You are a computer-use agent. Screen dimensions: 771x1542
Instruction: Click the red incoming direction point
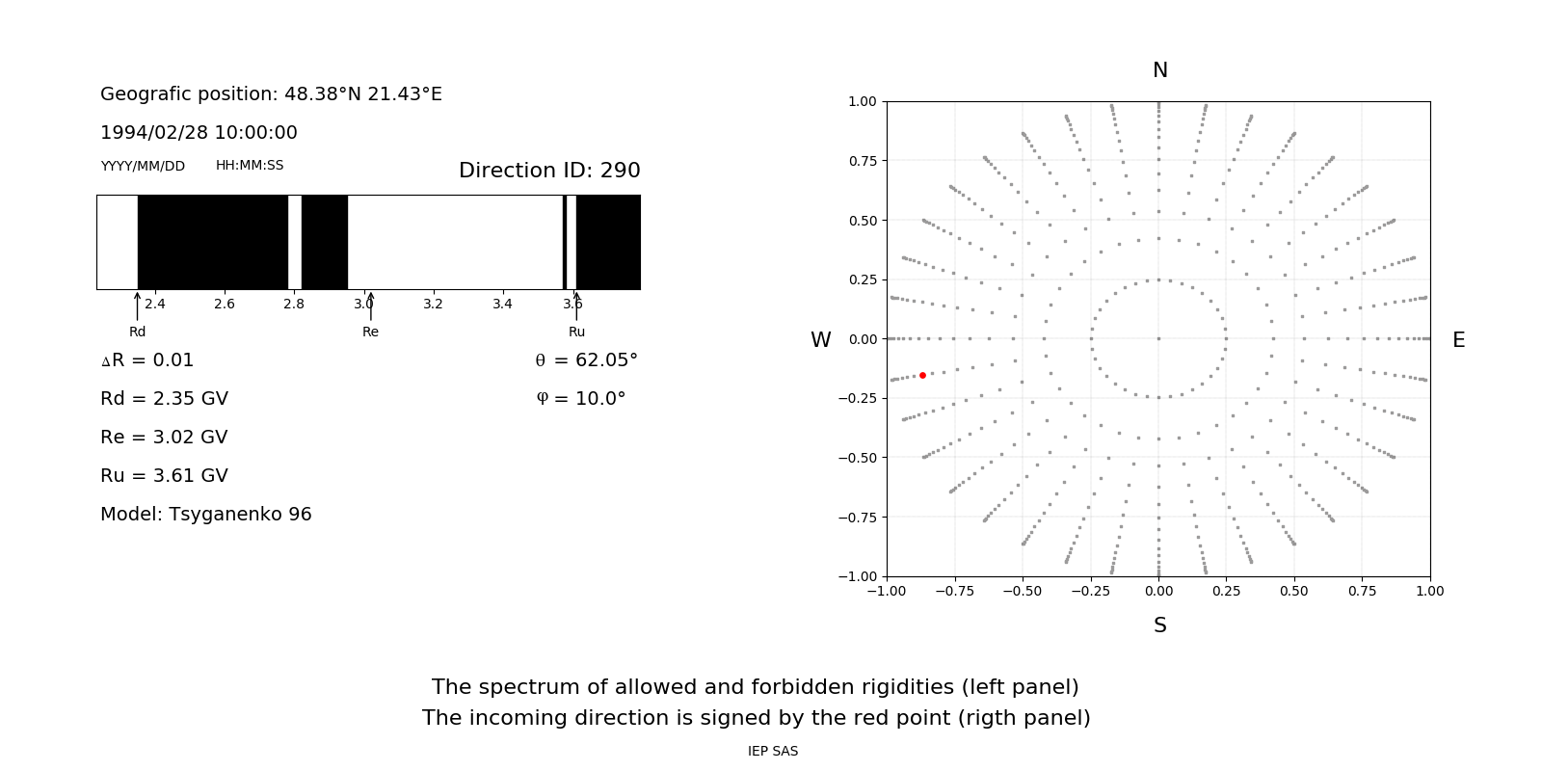922,375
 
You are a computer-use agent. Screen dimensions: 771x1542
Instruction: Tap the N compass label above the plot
1159,70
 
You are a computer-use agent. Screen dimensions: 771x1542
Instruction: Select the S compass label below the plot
1159,625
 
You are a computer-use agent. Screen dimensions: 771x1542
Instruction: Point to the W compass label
820,340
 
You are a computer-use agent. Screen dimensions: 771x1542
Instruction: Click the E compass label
1458,340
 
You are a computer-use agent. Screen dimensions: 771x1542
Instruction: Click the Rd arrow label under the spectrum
137,332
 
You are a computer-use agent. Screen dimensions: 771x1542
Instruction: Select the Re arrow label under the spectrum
370,332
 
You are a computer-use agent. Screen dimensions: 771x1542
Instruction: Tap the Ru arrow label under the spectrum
576,332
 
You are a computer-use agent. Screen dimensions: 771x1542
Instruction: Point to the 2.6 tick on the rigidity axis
225,304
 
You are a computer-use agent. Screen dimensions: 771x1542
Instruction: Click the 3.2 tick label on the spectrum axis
433,304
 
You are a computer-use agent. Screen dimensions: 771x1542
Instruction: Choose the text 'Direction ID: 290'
549,171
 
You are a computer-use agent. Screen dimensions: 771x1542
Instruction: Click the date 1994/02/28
155,133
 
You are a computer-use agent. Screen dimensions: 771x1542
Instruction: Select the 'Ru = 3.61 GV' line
164,476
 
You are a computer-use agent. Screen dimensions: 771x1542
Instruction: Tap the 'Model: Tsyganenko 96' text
205,515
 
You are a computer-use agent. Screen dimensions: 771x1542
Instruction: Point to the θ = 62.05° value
586,360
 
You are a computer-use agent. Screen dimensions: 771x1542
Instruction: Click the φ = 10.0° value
581,399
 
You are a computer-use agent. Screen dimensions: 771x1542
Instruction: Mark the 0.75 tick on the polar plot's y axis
863,161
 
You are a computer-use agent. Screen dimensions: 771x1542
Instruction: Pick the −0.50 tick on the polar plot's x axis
1022,591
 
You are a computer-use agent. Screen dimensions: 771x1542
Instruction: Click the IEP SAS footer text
772,751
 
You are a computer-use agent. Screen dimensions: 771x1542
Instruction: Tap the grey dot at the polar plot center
1158,338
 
